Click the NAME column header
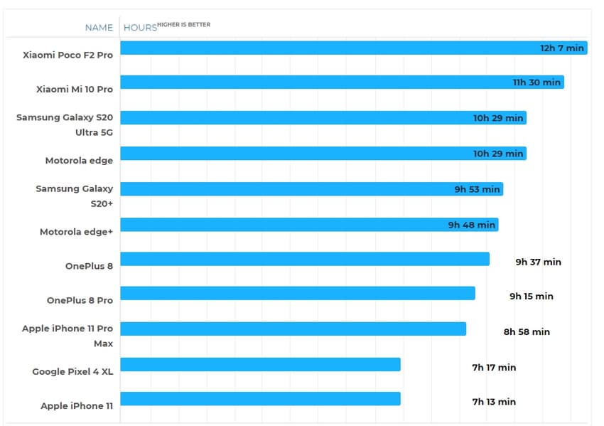[x=99, y=28]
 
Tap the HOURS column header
[x=140, y=28]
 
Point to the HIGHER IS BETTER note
[x=183, y=25]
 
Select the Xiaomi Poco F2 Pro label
[x=68, y=55]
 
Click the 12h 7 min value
[x=562, y=48]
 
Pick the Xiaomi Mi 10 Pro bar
[x=342, y=82]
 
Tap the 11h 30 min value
[x=536, y=82]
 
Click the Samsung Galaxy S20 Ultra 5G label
[x=65, y=124]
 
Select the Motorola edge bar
[x=323, y=153]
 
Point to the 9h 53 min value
[x=478, y=189]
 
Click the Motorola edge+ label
[x=76, y=231]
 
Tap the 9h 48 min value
[x=471, y=225]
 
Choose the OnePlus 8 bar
[x=305, y=259]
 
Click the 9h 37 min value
[x=538, y=262]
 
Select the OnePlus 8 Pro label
[x=80, y=300]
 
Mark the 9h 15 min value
[x=531, y=296]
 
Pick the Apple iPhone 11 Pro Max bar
[x=293, y=329]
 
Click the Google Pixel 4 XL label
[x=72, y=371]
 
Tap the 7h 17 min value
[x=494, y=368]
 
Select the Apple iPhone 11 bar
[x=261, y=398]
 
